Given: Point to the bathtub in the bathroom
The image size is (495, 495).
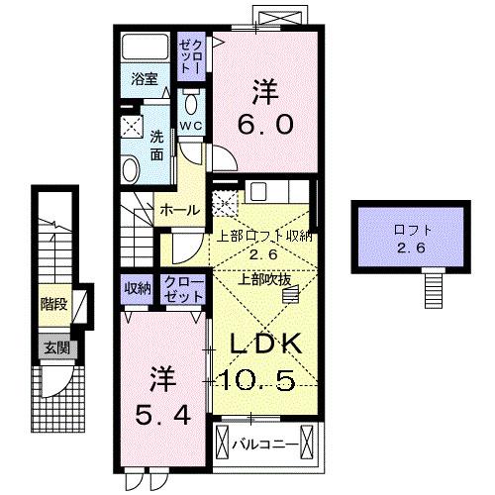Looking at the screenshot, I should (146, 50).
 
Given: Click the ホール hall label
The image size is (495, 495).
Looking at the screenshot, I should (179, 210).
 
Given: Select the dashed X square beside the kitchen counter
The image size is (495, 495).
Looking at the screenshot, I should (228, 206).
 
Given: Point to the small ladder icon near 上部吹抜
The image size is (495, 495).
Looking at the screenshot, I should (303, 286).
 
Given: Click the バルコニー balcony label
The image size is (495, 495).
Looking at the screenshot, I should (263, 443).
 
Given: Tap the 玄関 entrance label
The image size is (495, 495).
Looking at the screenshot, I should (53, 347).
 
